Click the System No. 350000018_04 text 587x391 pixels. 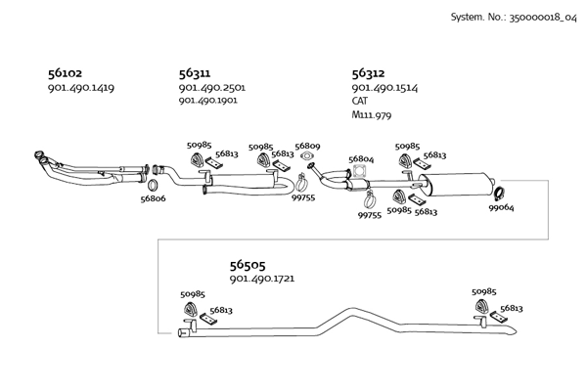pyautogui.click(x=507, y=18)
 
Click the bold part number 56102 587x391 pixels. pyautogui.click(x=65, y=73)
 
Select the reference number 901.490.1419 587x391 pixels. pyautogui.click(x=80, y=88)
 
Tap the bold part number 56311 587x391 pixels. pyautogui.click(x=195, y=73)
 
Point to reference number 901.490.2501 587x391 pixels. pyautogui.click(x=211, y=88)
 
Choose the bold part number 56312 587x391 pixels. pyautogui.click(x=368, y=73)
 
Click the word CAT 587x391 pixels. pyautogui.click(x=360, y=101)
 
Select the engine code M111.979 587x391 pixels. pyautogui.click(x=371, y=113)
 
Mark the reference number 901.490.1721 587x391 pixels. pyautogui.click(x=262, y=280)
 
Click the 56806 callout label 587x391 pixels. pyautogui.click(x=153, y=198)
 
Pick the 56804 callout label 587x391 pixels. pyautogui.click(x=361, y=158)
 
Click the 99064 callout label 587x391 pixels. pyautogui.click(x=502, y=208)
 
